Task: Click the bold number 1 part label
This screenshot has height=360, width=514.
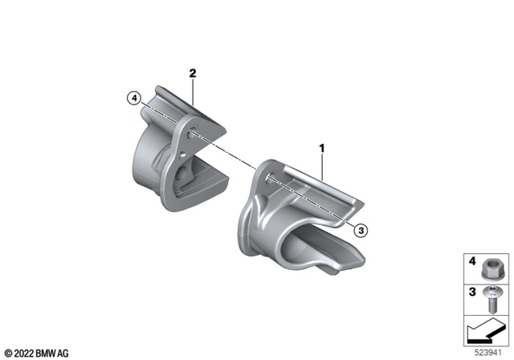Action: pos(322,149)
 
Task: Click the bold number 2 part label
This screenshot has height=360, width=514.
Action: pos(193,73)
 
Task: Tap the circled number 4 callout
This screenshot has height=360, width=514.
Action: pos(134,98)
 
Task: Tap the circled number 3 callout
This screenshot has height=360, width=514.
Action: pos(361,231)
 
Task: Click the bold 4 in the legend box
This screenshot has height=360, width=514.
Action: pos(472,261)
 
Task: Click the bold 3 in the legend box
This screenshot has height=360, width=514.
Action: pos(472,292)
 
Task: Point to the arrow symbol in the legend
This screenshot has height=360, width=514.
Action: pos(485,331)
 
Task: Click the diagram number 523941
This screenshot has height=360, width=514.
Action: pos(488,353)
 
